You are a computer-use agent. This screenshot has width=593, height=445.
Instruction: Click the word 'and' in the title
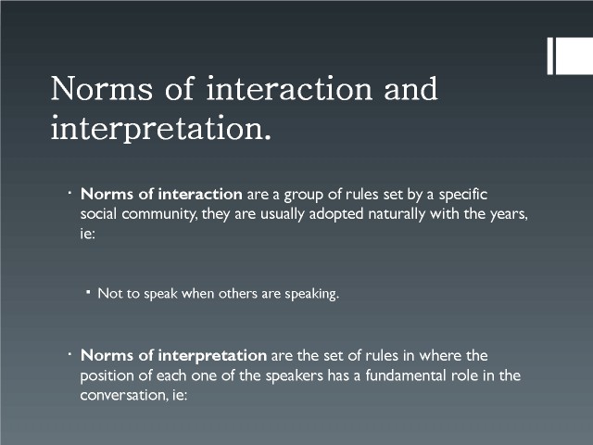pos(410,88)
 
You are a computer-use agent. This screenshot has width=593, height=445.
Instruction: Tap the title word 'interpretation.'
pos(160,128)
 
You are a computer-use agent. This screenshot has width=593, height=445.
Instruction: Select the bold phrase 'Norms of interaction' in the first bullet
pos(161,194)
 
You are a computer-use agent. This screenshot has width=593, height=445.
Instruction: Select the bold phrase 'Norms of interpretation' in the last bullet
pos(173,356)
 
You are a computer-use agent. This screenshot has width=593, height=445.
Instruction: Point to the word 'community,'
pos(159,214)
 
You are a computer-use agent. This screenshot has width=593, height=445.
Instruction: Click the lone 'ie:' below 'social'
pos(87,234)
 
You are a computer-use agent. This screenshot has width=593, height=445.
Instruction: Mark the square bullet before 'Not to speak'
pos(88,292)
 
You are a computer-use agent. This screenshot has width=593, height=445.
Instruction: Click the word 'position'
pos(105,376)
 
